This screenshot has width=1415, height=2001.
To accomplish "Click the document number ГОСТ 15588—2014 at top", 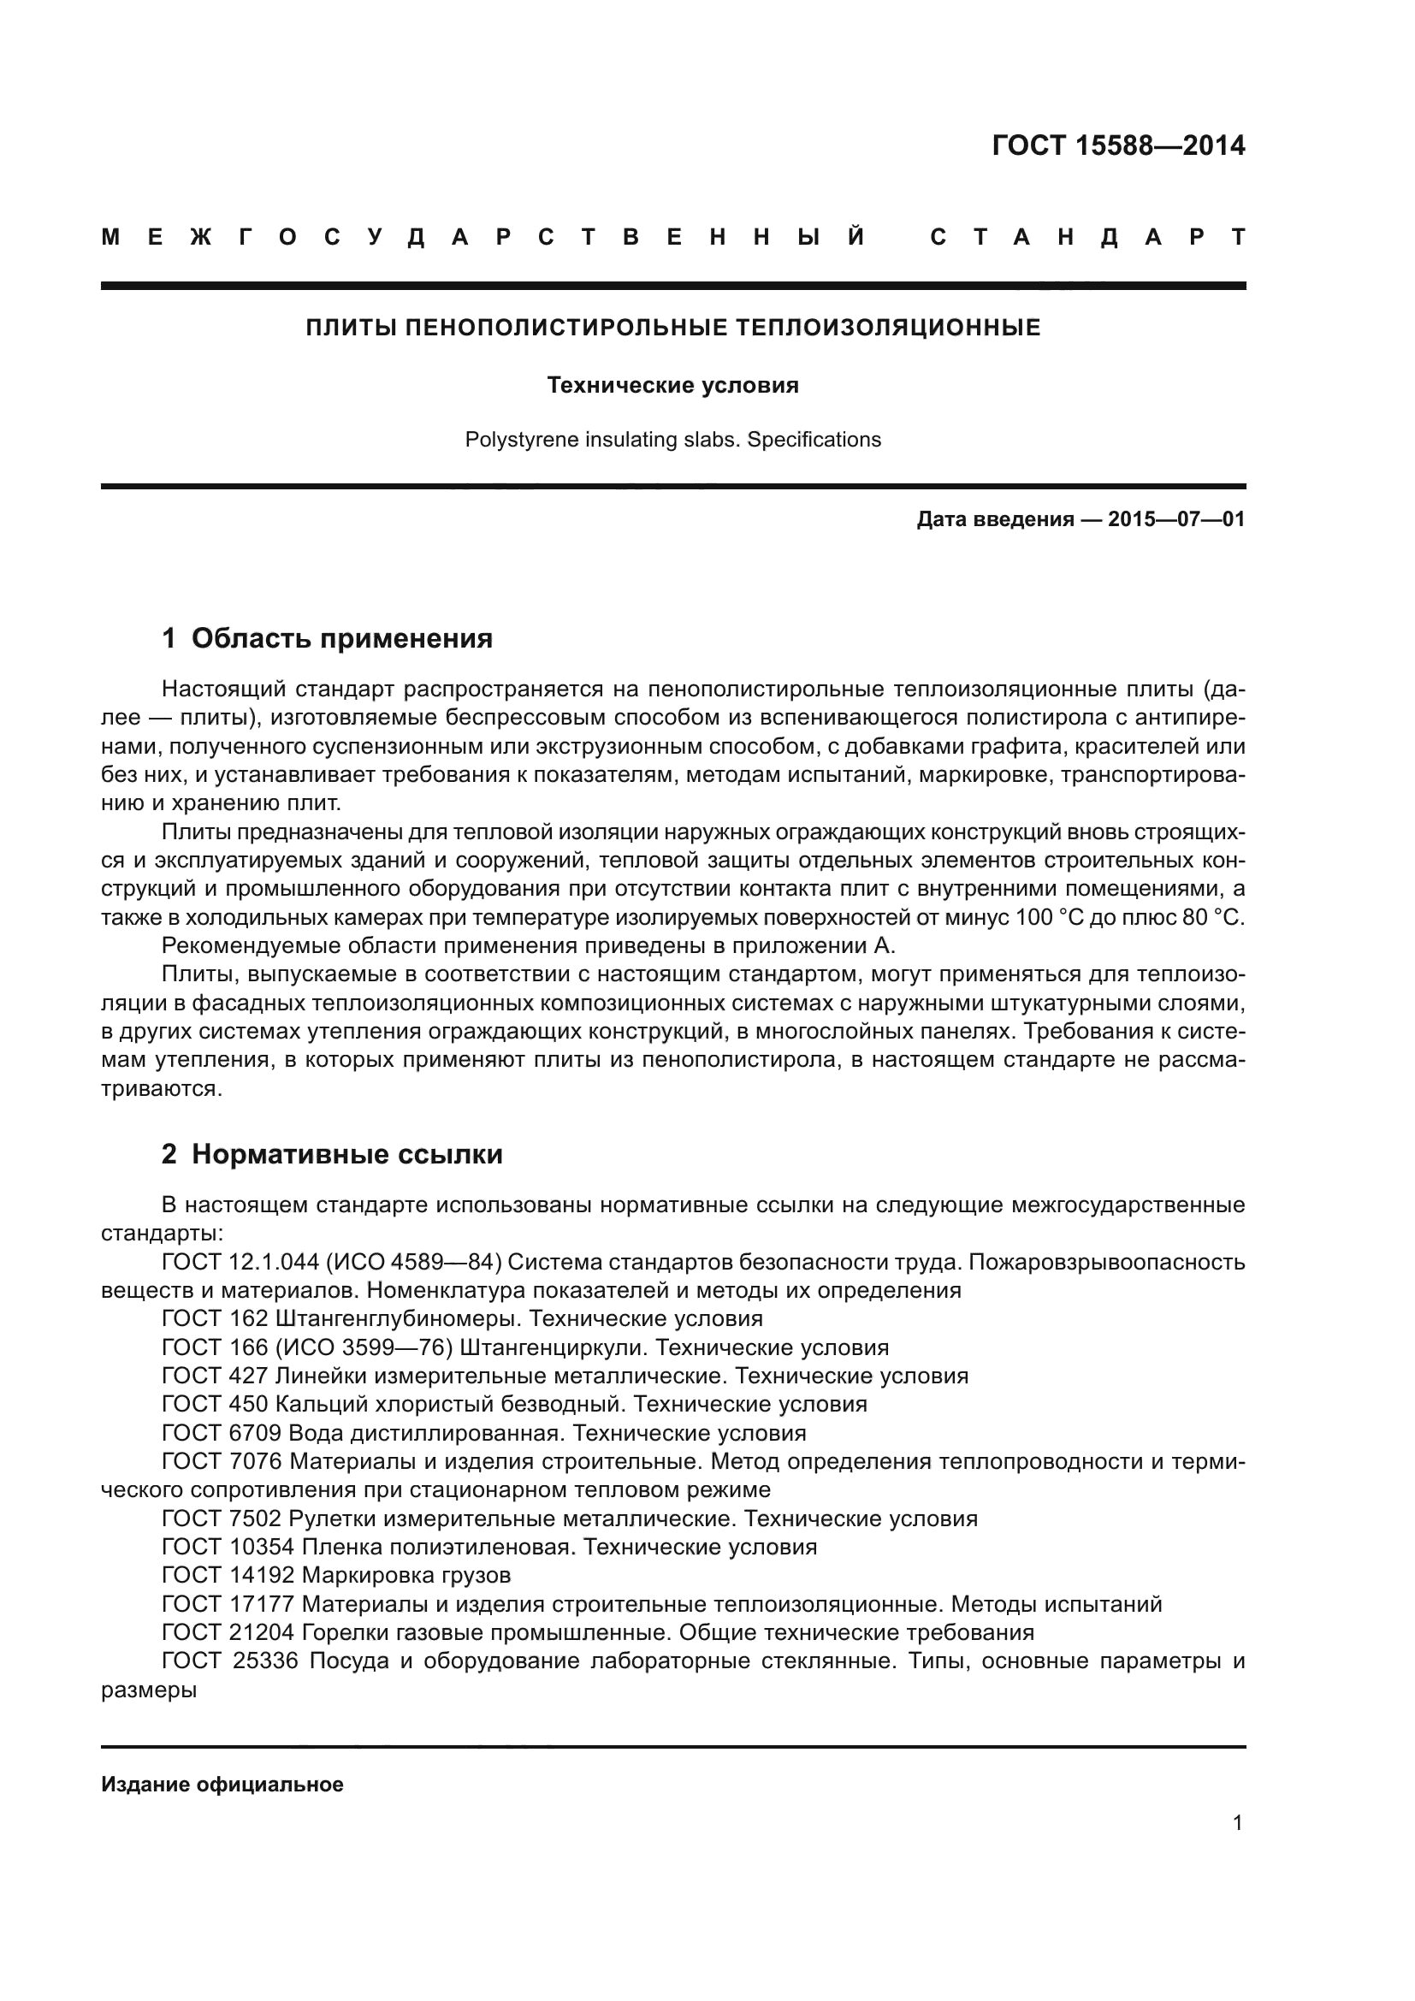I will click(1118, 145).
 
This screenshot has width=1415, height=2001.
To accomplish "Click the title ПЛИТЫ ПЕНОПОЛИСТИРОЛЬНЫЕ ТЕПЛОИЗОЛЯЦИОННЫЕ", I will click(672, 328).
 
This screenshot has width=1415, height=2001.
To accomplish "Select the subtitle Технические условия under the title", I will click(672, 385).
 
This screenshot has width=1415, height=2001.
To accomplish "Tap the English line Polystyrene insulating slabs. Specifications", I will click(672, 439).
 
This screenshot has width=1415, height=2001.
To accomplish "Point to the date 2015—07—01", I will click(1176, 520).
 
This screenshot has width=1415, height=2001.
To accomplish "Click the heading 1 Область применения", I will click(328, 639).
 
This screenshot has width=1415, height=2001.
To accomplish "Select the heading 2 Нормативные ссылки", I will click(332, 1155).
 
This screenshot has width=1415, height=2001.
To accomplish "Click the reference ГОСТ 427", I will click(216, 1376).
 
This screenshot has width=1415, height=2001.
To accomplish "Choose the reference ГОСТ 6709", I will click(222, 1433).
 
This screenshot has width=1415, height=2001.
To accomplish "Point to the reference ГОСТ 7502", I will click(222, 1519).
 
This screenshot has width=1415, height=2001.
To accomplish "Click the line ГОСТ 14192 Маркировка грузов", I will click(336, 1576).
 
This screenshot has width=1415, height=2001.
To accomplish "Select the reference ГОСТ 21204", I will click(229, 1632).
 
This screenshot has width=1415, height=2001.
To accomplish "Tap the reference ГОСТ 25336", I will click(229, 1661).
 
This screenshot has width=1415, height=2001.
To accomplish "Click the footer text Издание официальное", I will click(222, 1785).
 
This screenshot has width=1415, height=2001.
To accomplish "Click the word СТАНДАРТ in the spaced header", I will click(1087, 237).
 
